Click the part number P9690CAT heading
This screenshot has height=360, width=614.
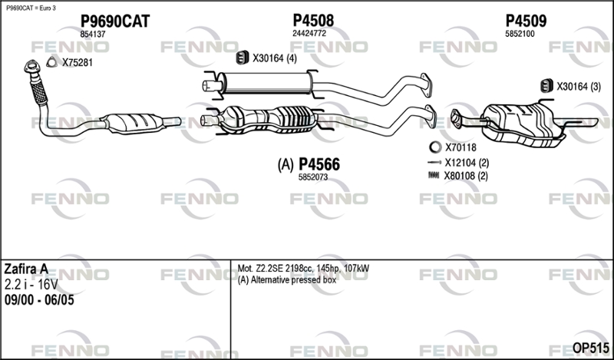[x=114, y=21]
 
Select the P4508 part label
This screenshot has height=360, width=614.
[x=313, y=21]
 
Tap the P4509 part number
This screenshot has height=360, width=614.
[x=526, y=21]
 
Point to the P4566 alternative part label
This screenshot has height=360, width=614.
[x=319, y=164]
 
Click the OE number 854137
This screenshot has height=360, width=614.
[x=93, y=35]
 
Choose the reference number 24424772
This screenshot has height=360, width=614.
[x=309, y=34]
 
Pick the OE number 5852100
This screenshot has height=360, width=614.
[x=520, y=34]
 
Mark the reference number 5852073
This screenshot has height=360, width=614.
[x=313, y=177]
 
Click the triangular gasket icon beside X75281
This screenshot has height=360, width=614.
[x=51, y=62]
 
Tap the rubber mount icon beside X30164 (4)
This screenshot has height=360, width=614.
[x=243, y=58]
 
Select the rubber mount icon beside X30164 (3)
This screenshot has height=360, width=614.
[x=546, y=86]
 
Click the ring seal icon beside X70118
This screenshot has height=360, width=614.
[x=435, y=147]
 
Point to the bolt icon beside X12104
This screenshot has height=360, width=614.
[x=434, y=162]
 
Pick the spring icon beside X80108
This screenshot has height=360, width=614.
[x=434, y=176]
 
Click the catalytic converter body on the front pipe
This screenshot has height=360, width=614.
[x=132, y=123]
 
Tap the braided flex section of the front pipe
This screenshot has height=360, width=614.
[x=38, y=92]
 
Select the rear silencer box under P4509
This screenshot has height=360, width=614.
[x=523, y=125]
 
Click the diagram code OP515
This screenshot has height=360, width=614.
[x=590, y=348]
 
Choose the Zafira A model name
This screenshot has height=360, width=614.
[x=26, y=269]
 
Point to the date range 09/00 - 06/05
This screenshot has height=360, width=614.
[x=39, y=300]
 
